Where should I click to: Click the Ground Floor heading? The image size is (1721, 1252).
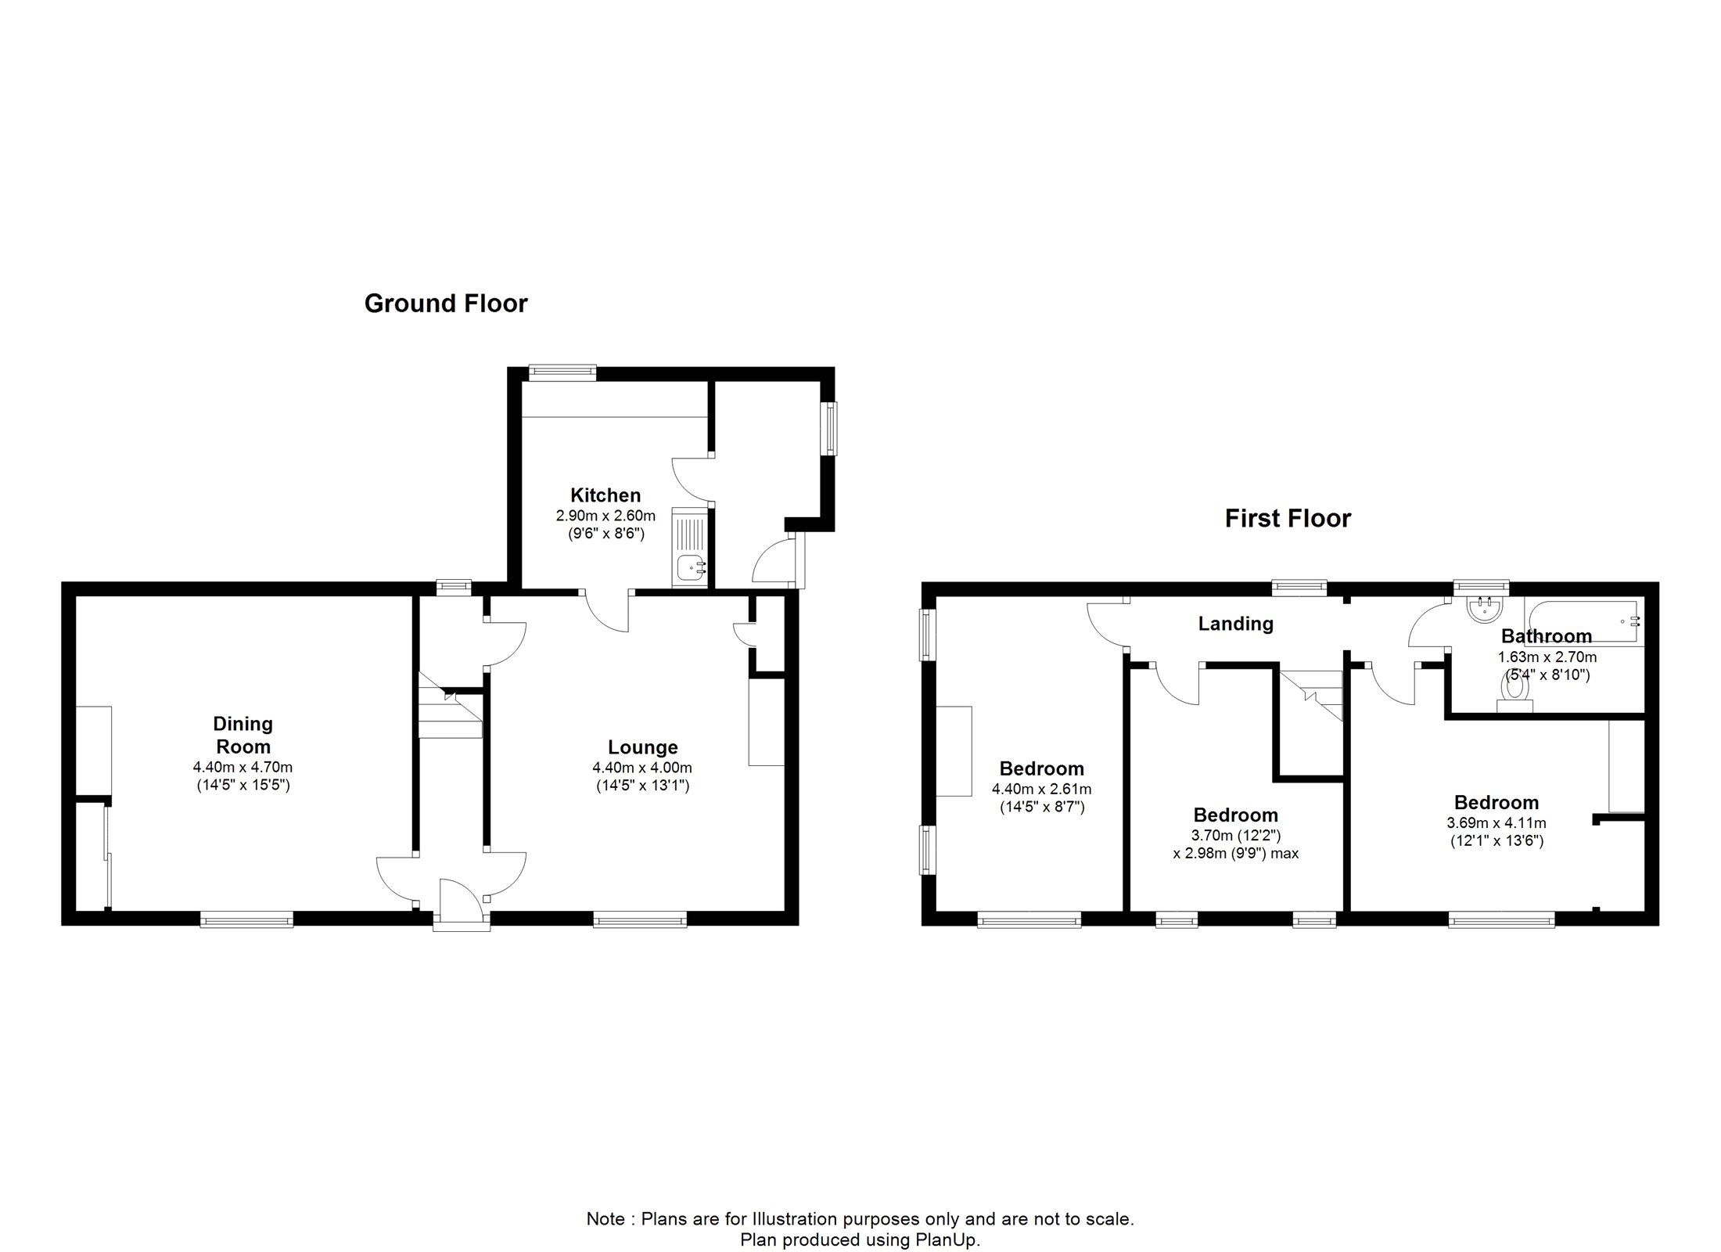coord(446,304)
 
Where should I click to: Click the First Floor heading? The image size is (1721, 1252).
coord(1288,519)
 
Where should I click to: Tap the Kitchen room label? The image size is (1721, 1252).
coord(605,495)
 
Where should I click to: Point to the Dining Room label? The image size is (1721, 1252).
coord(243,736)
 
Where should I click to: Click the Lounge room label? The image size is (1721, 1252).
coord(643,747)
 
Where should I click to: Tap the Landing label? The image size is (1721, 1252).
coord(1236,624)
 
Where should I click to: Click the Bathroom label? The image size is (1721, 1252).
coord(1547,636)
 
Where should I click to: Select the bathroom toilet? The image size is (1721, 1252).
coord(1514,693)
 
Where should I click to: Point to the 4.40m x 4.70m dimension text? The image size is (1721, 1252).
coord(243,768)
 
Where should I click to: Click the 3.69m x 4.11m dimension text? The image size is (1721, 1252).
coord(1496,823)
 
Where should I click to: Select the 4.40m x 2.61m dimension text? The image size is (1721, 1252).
coord(1042,790)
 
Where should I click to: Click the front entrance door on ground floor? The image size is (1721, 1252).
coord(462,901)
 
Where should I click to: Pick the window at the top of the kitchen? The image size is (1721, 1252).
coord(562,373)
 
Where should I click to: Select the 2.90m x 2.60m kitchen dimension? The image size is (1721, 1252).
coord(605,516)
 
